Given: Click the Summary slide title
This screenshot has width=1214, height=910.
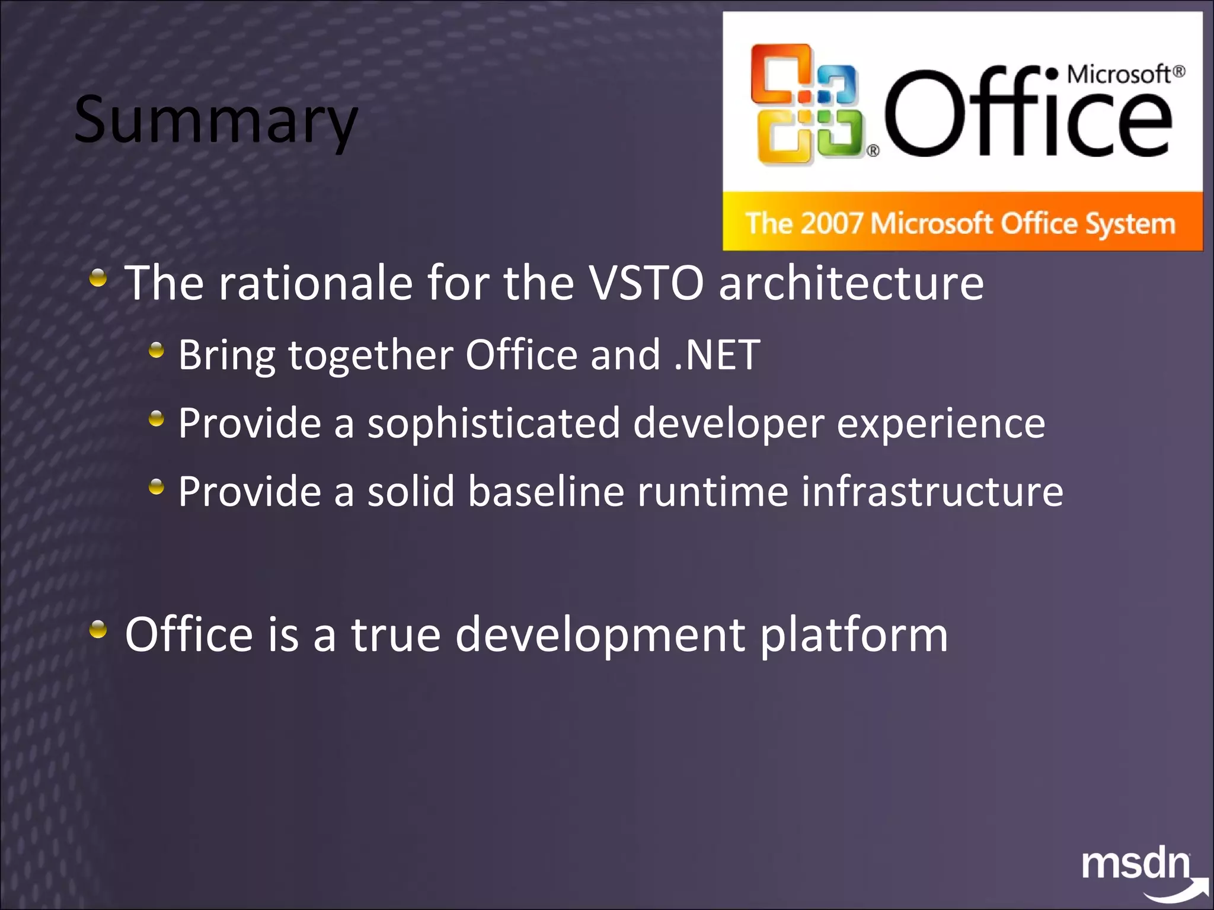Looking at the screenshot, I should (x=216, y=120).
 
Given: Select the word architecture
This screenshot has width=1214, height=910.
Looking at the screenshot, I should (x=851, y=283).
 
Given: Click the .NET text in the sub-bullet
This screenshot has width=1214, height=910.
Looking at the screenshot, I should (x=717, y=355).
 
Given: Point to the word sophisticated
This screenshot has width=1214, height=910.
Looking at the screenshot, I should (x=493, y=424).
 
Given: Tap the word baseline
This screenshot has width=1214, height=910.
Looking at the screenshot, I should (x=546, y=492).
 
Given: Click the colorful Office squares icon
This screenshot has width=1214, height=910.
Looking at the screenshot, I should (x=806, y=104).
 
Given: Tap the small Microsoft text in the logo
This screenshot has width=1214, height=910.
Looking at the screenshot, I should (x=1118, y=75).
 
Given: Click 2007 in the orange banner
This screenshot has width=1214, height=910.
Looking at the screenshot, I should (x=831, y=224).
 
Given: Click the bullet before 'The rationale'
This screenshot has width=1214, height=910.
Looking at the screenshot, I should (x=98, y=277).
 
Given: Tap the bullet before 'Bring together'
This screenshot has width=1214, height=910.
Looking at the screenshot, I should (x=156, y=350).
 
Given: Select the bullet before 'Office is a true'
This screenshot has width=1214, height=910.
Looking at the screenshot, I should (x=98, y=629).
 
